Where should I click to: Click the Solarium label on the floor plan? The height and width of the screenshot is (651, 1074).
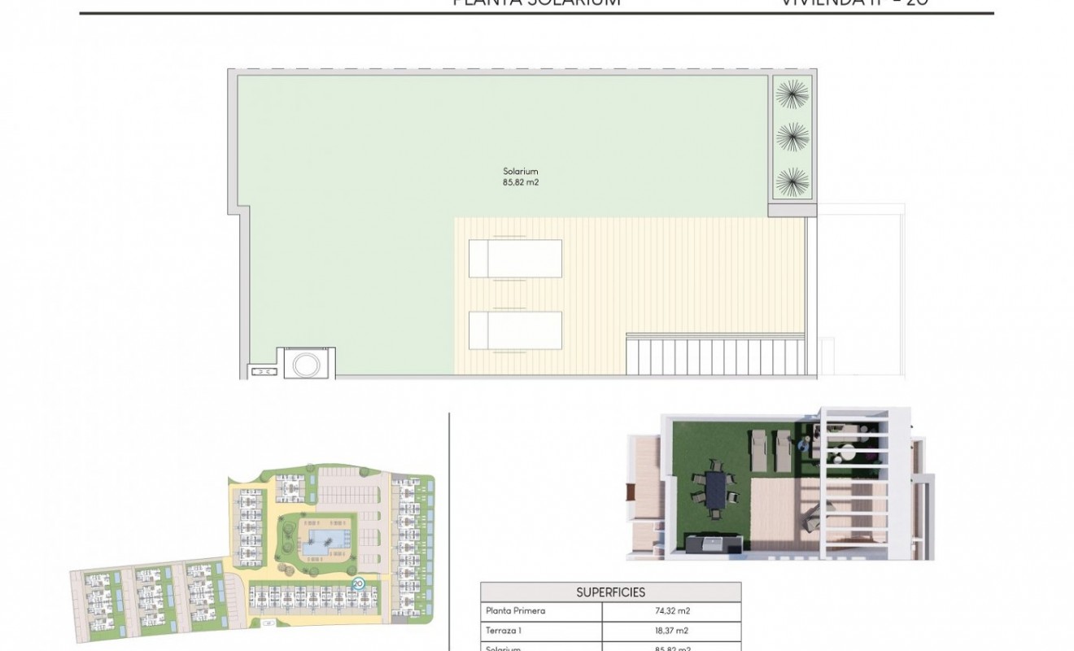point(520,172)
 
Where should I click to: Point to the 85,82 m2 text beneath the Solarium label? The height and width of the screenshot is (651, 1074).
point(520,183)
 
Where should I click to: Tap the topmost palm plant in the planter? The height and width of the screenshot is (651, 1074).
point(791,94)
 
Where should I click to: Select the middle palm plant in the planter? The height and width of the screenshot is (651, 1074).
point(791,137)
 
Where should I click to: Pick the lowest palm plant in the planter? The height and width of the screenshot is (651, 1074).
point(791,181)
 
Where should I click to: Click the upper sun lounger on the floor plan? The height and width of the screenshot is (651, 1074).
point(515,259)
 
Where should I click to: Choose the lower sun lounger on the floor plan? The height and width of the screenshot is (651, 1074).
point(515,330)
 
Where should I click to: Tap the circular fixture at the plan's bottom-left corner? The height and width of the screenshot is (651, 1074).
point(306,364)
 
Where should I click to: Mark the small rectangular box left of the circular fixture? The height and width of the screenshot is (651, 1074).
point(263,372)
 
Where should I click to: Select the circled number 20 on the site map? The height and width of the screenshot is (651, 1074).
point(358,583)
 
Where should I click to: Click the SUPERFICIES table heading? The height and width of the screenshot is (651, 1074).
point(610,592)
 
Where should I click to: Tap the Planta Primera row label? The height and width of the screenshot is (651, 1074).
point(515,611)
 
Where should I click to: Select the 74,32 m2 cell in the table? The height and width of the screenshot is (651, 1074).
point(671,611)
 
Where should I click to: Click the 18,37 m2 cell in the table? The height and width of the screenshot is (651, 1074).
point(671,631)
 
